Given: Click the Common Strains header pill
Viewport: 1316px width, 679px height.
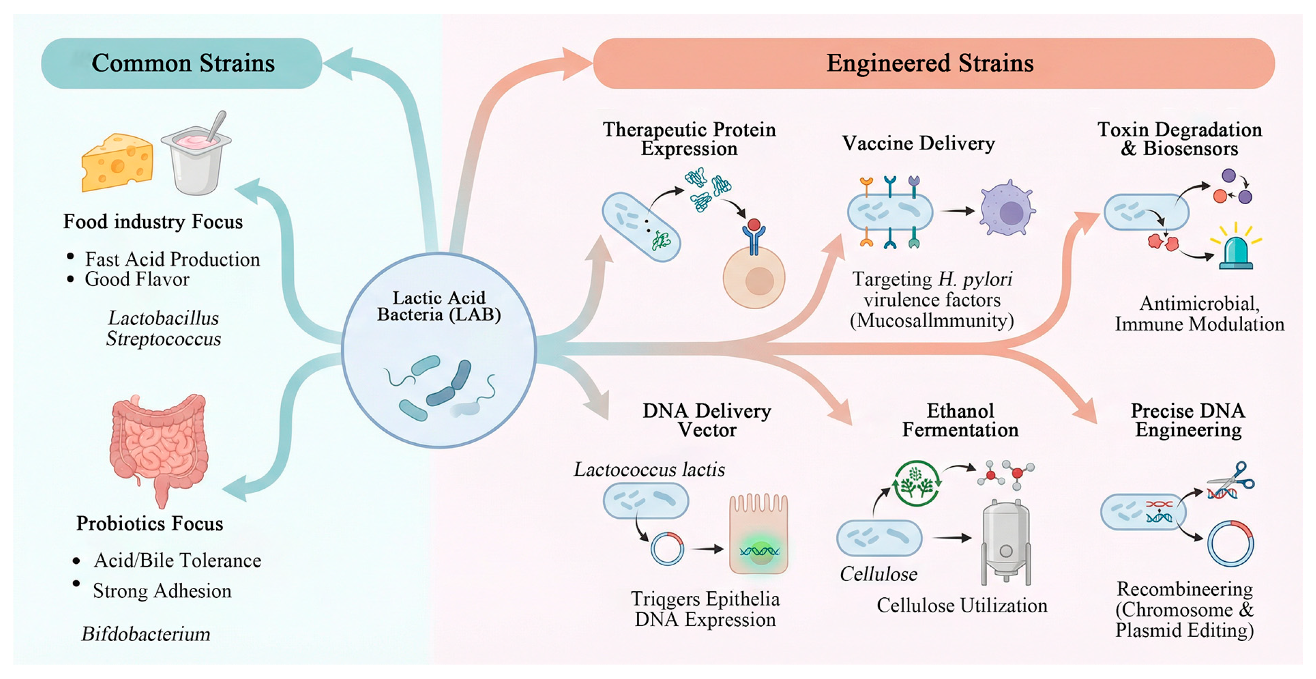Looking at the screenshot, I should click(182, 63).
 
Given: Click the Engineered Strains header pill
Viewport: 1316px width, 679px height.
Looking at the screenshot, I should click(933, 63).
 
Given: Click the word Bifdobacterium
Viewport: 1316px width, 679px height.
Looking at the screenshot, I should click(146, 634).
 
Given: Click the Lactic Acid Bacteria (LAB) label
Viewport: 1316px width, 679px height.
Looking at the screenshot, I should click(439, 306).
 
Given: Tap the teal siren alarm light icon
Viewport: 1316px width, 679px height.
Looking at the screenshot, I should click(1235, 250).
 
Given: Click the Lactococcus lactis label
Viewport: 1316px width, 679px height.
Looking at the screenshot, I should click(649, 470).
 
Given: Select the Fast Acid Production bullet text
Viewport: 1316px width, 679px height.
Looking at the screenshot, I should click(172, 259).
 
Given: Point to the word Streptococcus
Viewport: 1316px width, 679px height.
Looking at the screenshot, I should click(163, 339).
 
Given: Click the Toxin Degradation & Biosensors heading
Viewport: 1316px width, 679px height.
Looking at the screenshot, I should click(1179, 139).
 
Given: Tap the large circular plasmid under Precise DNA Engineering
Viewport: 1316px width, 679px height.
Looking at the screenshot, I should click(1230, 544).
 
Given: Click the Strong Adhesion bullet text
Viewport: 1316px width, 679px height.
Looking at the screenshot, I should click(162, 591).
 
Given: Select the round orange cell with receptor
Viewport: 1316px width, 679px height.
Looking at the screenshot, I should click(754, 279).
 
